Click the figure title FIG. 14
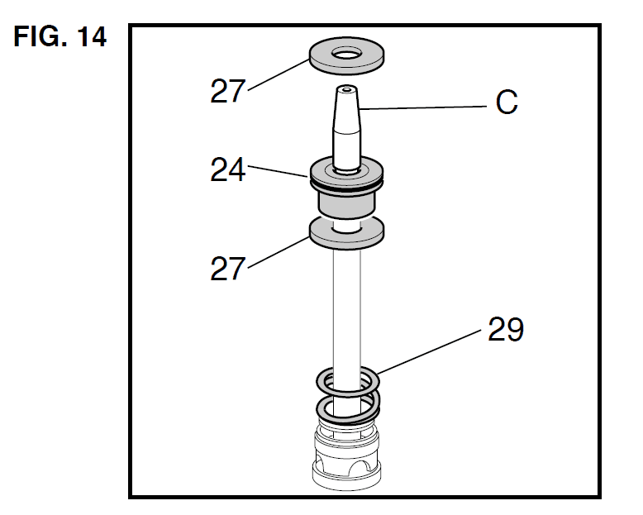click(x=60, y=38)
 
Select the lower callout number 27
click(x=228, y=269)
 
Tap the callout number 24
click(x=228, y=171)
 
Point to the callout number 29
click(x=505, y=330)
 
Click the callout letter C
click(x=507, y=103)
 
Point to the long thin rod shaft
click(x=346, y=306)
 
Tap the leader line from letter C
click(x=422, y=106)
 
